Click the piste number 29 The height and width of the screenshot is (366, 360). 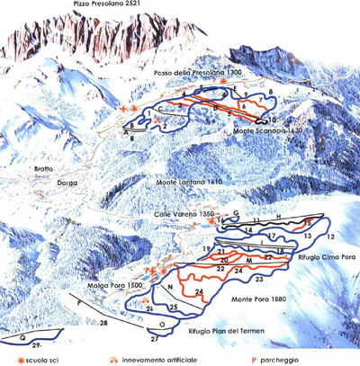[x=37, y=345]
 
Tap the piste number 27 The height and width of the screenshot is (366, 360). [x=154, y=340]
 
